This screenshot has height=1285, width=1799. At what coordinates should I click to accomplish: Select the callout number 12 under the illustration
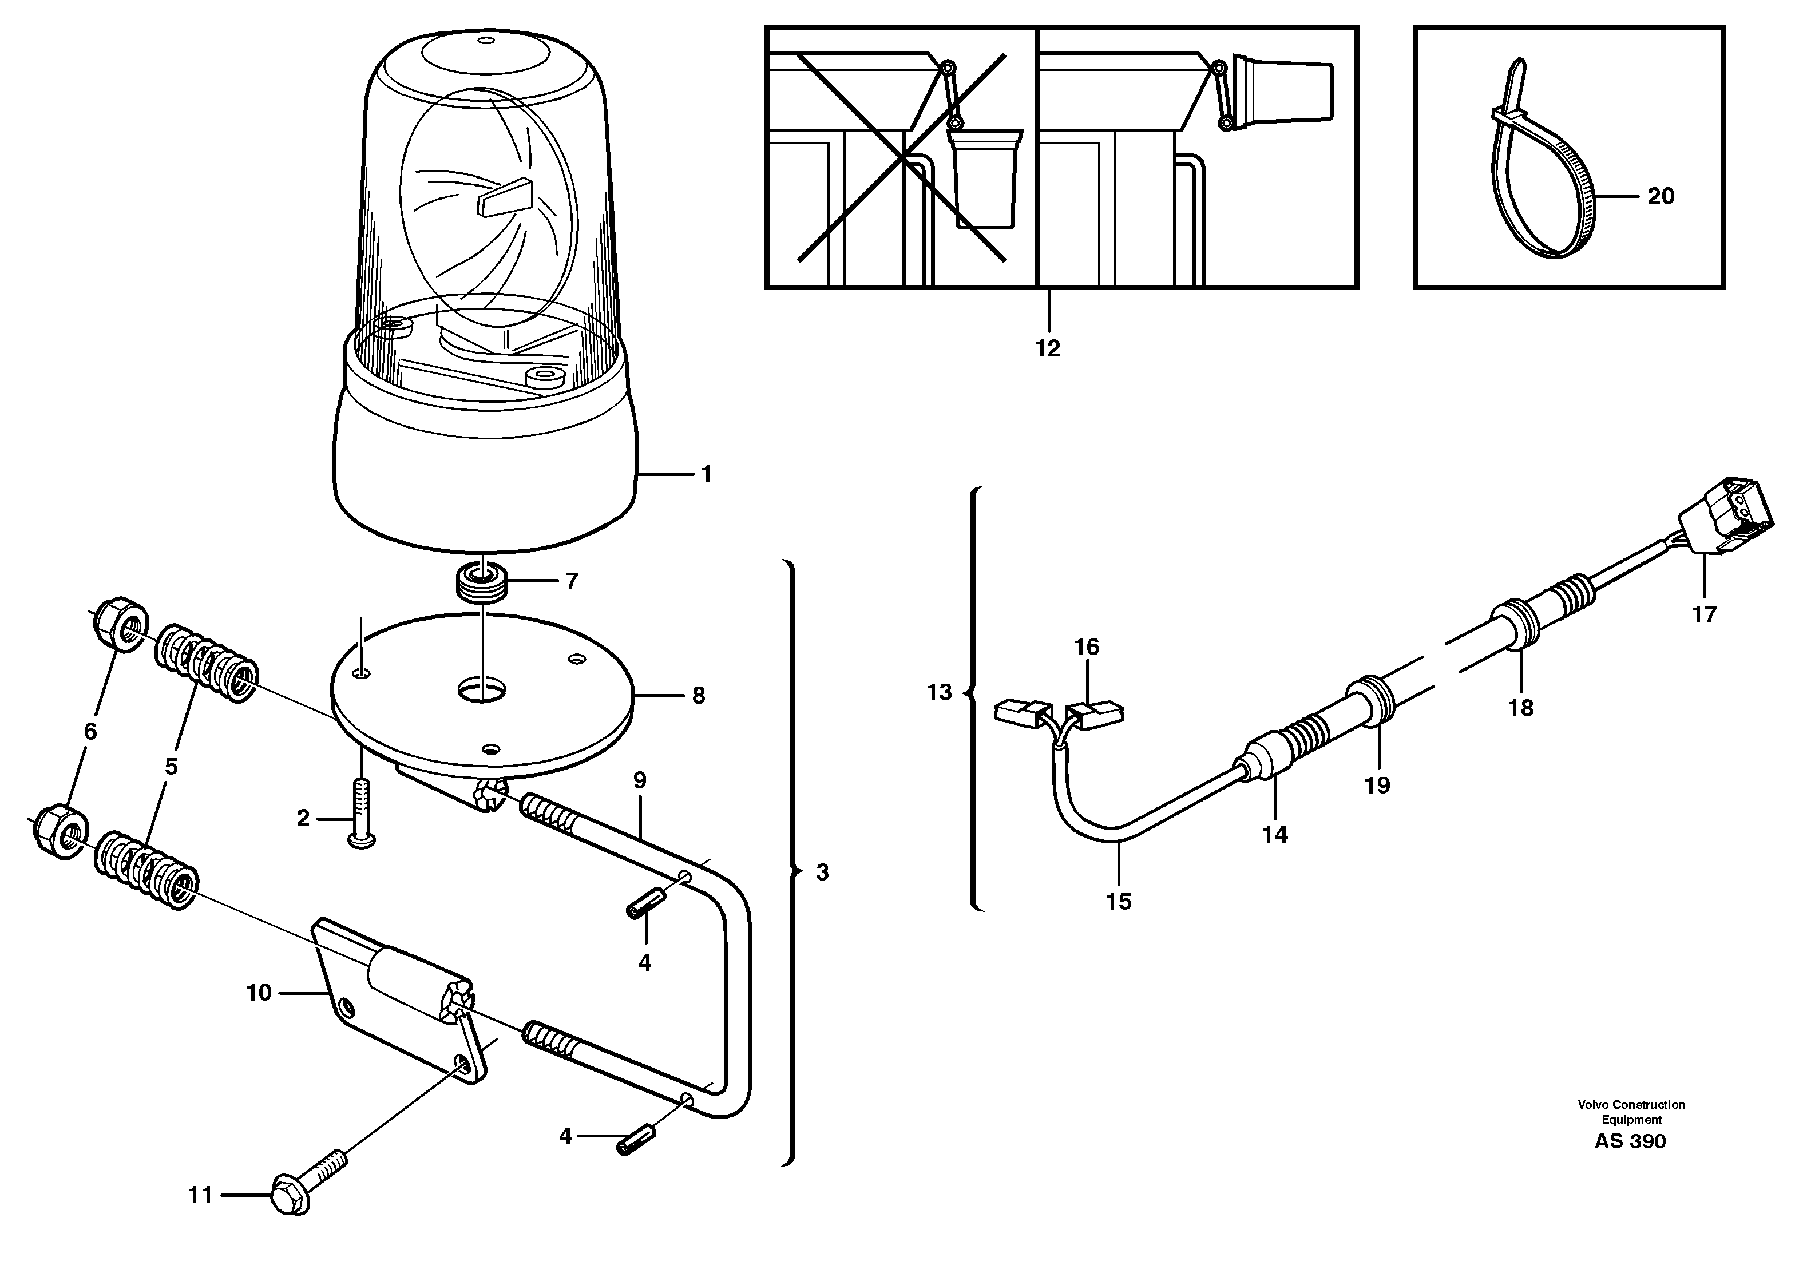(x=1048, y=348)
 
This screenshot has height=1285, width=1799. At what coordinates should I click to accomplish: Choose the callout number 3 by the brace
(x=822, y=872)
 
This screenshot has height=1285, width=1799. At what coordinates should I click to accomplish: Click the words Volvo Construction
(x=1631, y=1105)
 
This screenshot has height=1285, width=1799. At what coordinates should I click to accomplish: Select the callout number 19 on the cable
(x=1377, y=786)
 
